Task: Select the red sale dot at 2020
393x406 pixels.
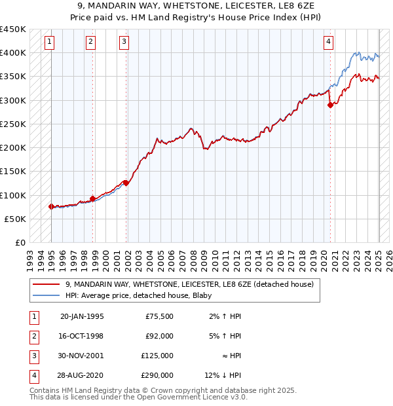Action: point(330,105)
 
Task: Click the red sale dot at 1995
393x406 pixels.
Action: point(51,206)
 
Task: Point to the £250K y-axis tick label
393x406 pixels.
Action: point(13,124)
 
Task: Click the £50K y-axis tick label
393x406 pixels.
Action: point(16,219)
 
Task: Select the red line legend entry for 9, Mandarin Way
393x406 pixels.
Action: point(189,284)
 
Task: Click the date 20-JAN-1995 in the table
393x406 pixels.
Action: point(82,317)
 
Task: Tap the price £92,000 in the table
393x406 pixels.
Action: point(159,336)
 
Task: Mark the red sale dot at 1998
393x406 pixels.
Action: point(92,198)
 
